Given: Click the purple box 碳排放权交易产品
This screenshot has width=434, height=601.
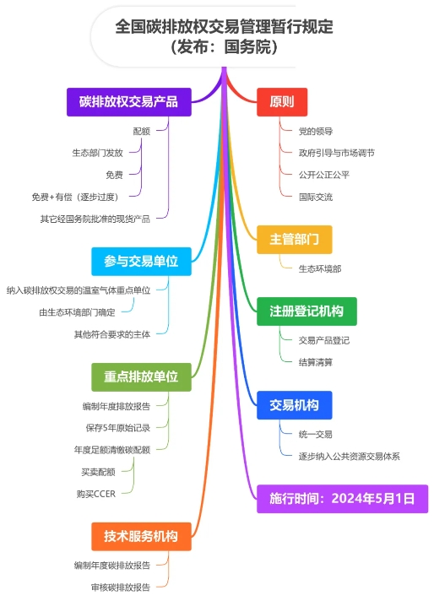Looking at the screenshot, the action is pos(129,102).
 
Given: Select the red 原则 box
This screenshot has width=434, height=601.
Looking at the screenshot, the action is pos(282,102).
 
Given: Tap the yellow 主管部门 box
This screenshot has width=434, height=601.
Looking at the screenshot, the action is pos(294,240).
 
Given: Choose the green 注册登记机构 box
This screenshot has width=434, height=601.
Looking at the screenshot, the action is pos(307,311).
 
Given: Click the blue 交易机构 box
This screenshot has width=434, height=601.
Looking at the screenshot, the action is pos(294,405).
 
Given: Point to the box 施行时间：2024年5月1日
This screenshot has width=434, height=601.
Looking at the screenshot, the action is pos(342,499).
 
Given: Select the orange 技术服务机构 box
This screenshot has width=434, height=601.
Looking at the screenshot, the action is pos(141,536).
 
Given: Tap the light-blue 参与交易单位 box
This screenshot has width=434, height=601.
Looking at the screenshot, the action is pos(141,262).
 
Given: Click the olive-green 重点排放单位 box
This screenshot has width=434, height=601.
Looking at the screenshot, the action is pos(141,376).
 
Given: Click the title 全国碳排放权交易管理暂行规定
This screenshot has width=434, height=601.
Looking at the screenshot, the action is pos(224,27).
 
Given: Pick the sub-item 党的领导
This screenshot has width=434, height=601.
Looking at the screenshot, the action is pos(316,132).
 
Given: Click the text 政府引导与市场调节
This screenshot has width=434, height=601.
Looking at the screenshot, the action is pos(337,154).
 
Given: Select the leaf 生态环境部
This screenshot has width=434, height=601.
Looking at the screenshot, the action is pos(320,269).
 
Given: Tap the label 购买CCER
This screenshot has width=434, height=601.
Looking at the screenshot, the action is pos(96,494).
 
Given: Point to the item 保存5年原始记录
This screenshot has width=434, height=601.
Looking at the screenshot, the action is pos(117,428).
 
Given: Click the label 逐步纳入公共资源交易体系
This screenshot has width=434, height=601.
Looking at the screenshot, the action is pos(350,457).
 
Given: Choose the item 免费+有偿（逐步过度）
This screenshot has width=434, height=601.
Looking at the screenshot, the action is pos(75,197).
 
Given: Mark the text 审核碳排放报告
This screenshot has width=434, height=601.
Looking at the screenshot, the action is pos(121,587).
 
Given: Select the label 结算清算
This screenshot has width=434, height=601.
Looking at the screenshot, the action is pos(316,362).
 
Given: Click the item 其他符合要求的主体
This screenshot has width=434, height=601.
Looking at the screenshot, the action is pos(112,334).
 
